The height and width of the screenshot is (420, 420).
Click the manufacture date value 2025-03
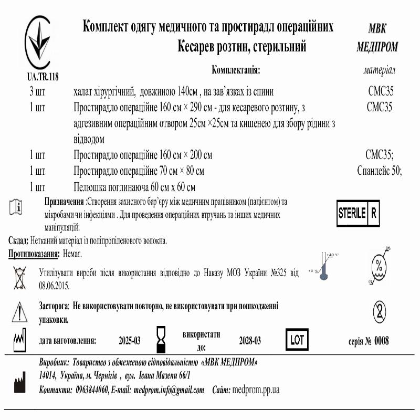[x=130, y=341]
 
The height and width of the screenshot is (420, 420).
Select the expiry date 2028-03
[x=250, y=341]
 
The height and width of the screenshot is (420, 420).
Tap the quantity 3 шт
[x=37, y=92]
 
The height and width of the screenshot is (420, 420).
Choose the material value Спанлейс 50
[x=379, y=171]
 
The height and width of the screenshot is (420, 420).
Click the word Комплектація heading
[x=236, y=70]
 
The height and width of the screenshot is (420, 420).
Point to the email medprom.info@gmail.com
[x=169, y=390]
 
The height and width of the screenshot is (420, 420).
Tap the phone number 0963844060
[x=92, y=390]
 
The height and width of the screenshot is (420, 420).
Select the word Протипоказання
[x=33, y=254]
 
